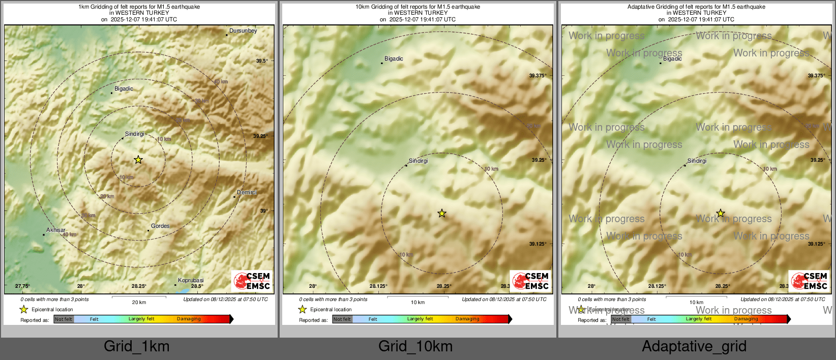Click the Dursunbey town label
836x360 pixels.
[243, 31]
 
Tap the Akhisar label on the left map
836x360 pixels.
[56, 230]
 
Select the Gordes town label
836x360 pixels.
[160, 226]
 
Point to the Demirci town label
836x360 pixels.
[247, 193]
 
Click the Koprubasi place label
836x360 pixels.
[191, 281]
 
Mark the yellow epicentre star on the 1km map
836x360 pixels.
[138, 160]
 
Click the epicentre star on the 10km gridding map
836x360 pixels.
[442, 214]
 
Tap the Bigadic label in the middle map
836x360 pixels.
[394, 59]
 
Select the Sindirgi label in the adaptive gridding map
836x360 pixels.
[697, 161]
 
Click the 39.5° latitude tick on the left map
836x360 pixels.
[261, 61]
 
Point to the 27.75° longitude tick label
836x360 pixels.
[22, 286]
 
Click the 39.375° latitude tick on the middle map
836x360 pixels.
[538, 76]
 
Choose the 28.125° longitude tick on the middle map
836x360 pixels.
[378, 286]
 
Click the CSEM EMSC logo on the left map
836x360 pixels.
[252, 281]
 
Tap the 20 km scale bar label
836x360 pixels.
[139, 303]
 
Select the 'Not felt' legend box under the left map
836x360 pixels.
[64, 319]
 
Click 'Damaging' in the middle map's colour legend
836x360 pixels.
[467, 319]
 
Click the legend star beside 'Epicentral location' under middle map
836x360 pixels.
[303, 309]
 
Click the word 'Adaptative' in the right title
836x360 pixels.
[642, 7]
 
